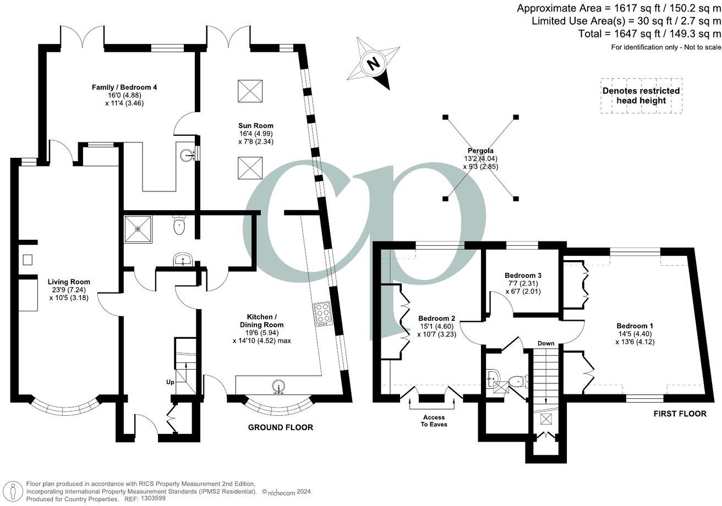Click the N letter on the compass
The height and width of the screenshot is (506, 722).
[x=373, y=64]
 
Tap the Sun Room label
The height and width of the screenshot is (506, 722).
[x=255, y=125]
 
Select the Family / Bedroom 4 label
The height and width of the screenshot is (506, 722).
[x=124, y=87]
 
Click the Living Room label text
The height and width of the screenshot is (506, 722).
[x=69, y=282]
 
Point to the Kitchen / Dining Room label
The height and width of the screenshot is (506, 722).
[x=262, y=321]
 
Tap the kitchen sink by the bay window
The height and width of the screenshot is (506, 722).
[x=278, y=386]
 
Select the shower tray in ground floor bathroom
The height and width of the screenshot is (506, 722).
[x=138, y=229]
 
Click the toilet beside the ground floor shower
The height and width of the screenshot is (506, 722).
[x=179, y=224]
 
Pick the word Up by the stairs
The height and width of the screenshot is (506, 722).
[x=170, y=382]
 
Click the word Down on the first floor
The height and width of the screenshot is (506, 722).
[x=546, y=343]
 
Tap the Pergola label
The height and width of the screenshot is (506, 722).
[x=480, y=150]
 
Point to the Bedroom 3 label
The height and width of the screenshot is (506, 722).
[x=523, y=276]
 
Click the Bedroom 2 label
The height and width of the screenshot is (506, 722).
[x=437, y=318]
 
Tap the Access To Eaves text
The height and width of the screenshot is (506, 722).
[x=434, y=421]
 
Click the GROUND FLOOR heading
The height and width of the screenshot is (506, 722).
[x=281, y=427]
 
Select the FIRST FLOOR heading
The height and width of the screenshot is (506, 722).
[x=680, y=414]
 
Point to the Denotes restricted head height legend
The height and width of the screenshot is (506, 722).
[x=641, y=96]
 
